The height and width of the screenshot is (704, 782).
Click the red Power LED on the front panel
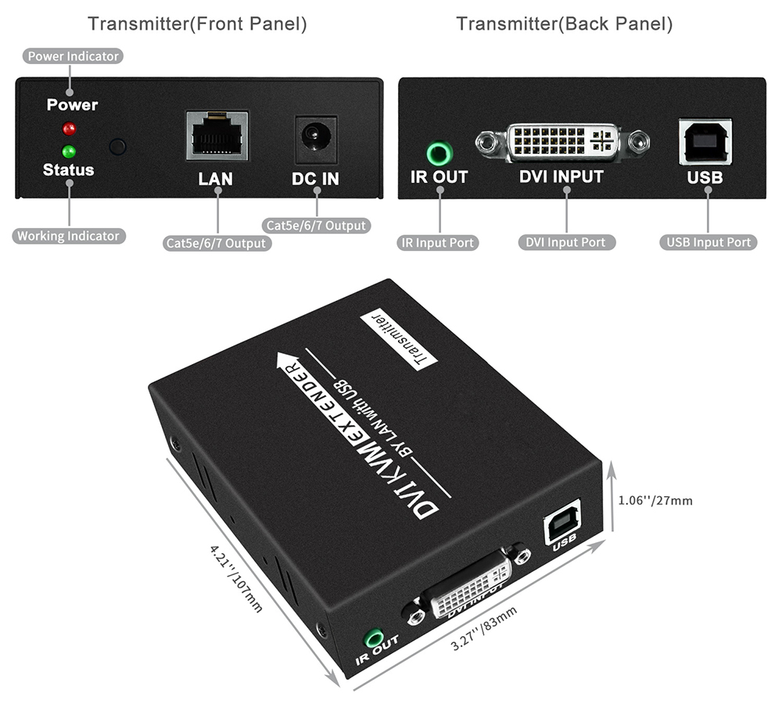(69, 129)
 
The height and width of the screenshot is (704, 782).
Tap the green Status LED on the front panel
(69, 151)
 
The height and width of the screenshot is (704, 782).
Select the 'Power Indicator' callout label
(73, 55)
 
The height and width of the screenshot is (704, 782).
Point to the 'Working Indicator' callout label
(68, 236)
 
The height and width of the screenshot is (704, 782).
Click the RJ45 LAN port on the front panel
(217, 135)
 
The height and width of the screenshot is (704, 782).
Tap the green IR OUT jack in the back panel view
(439, 153)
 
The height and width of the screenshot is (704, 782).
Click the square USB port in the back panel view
(705, 141)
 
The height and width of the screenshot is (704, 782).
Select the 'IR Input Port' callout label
(437, 243)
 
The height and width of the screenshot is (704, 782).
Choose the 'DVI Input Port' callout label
(566, 242)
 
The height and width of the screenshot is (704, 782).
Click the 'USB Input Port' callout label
(708, 242)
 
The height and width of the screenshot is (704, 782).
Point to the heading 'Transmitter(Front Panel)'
(198, 24)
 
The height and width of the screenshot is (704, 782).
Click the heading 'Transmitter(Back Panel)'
(564, 24)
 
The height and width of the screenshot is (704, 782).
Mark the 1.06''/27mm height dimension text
(655, 500)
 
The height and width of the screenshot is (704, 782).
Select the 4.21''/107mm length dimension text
(235, 578)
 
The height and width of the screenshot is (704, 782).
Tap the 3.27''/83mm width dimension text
(483, 628)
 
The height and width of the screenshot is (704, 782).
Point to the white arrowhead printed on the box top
(287, 360)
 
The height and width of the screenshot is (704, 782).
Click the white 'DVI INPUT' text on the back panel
(561, 177)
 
